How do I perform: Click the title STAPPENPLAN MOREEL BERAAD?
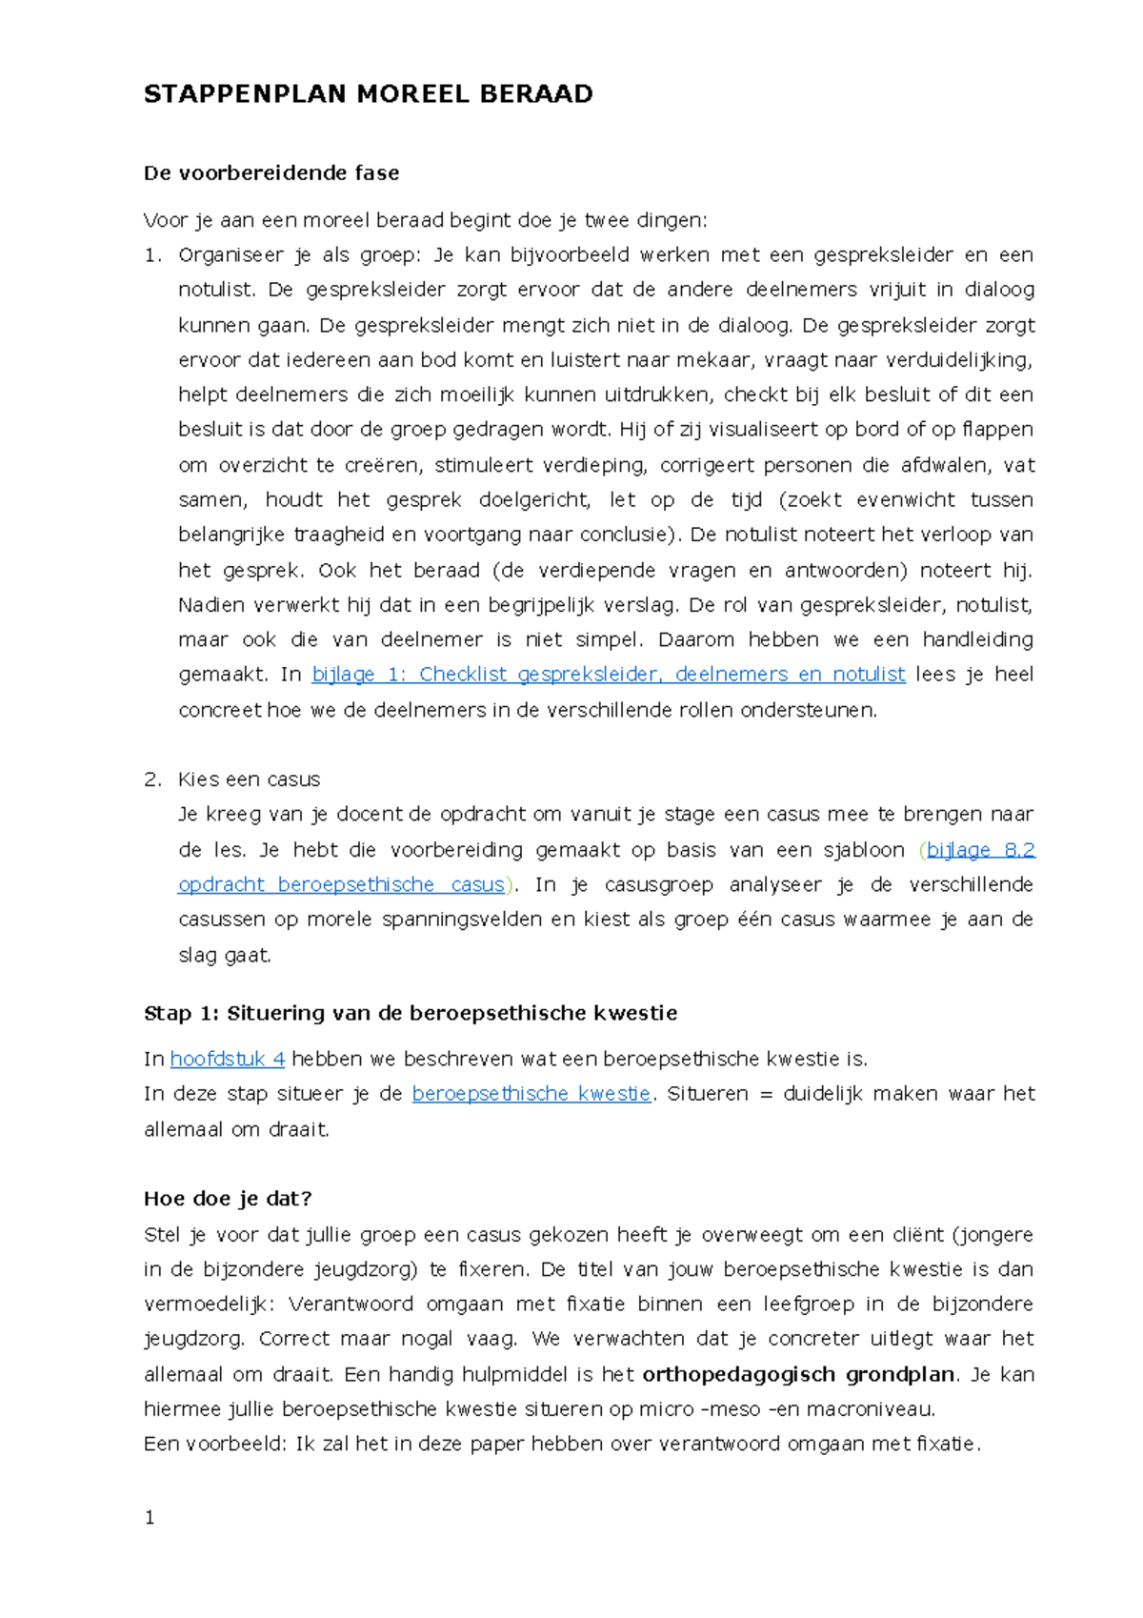[x=368, y=93]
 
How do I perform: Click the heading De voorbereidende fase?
[x=271, y=173]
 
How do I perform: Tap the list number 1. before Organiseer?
[x=152, y=255]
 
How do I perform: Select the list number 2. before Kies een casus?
[x=152, y=779]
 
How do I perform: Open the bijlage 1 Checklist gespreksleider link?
[x=608, y=675]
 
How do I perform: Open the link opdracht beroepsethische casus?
[x=341, y=885]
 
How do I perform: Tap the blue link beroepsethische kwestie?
[x=531, y=1094]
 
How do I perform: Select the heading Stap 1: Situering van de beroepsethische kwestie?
[x=410, y=1013]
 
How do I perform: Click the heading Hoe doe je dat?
[x=228, y=1199]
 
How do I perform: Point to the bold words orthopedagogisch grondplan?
[x=798, y=1374]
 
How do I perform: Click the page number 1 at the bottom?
[x=150, y=1518]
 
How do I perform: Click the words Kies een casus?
[x=249, y=779]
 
